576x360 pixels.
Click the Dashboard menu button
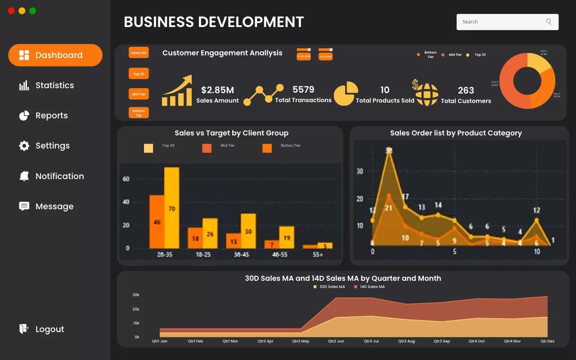coord(55,55)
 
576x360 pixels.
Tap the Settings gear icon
coord(24,146)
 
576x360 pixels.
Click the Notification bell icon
coord(24,176)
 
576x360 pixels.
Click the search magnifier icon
coord(549,22)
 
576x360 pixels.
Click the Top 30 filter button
coord(139,74)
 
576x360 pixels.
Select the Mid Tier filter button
coord(139,94)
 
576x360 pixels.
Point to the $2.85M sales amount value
coord(217,90)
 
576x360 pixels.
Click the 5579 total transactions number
coord(303,90)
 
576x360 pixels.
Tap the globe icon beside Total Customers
coord(427,94)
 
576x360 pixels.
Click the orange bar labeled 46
coord(157,221)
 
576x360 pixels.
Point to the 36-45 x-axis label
coord(241,255)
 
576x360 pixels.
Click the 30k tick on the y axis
coord(135,295)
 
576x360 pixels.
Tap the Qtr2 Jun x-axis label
coord(336,341)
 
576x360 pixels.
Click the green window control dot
coord(33,11)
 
